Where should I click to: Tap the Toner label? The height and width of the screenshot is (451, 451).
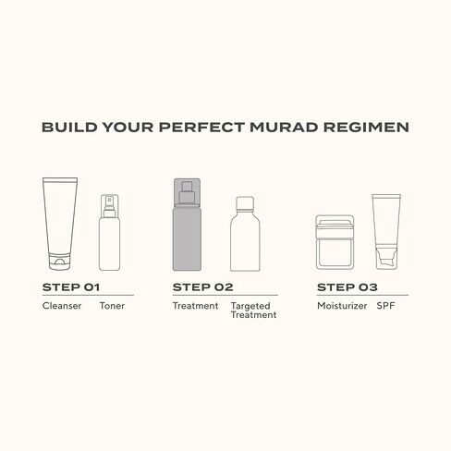pos(111,305)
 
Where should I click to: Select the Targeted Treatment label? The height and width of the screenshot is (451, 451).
pos(253,310)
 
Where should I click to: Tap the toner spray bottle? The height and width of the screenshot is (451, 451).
pos(111,231)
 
